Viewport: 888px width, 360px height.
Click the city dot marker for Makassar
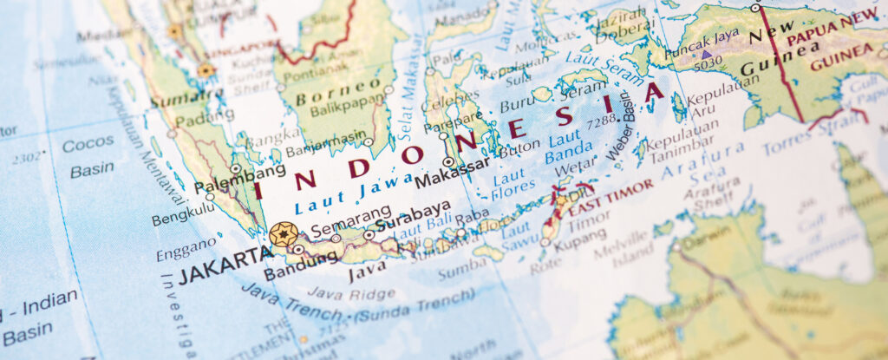coord(448,161)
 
